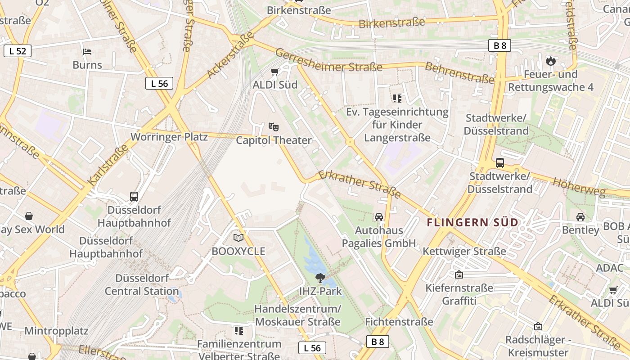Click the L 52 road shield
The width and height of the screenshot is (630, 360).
(x=18, y=51)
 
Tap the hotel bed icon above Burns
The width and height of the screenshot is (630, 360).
(x=87, y=51)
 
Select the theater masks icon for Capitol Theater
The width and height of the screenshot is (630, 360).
(x=273, y=127)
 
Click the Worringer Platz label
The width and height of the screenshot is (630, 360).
(x=169, y=137)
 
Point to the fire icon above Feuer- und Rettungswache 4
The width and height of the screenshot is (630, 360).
(x=550, y=61)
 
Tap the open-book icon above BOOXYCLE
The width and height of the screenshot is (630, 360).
(x=238, y=238)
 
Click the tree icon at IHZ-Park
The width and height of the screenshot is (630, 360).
(x=320, y=278)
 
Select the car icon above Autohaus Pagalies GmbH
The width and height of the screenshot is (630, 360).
(x=379, y=217)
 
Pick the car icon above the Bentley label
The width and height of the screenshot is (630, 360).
(x=580, y=217)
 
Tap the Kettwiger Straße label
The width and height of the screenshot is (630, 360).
(x=464, y=251)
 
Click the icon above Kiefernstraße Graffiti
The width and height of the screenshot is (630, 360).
(x=459, y=274)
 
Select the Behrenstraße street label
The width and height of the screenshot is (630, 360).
(x=459, y=72)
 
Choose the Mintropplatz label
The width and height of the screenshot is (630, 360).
(x=56, y=331)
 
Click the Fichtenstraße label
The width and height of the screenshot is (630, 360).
(x=399, y=322)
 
